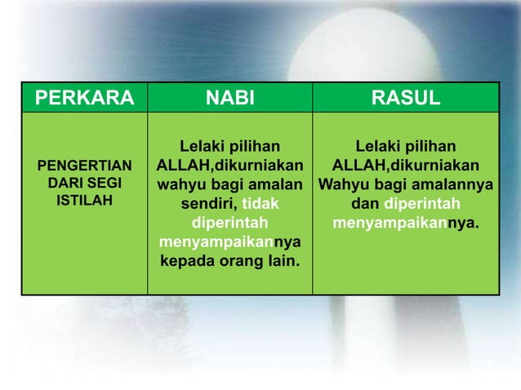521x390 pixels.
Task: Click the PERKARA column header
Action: pyautogui.click(x=84, y=100)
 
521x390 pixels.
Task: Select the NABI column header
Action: pyautogui.click(x=229, y=100)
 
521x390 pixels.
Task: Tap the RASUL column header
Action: pyautogui.click(x=406, y=100)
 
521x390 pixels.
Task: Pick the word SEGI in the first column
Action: pyautogui.click(x=102, y=184)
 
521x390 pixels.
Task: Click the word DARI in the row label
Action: pyautogui.click(x=67, y=184)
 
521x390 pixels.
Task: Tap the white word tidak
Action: pyautogui.click(x=260, y=204)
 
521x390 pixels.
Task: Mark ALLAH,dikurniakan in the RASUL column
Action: pyautogui.click(x=406, y=166)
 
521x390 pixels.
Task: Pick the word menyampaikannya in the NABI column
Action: pyautogui.click(x=229, y=242)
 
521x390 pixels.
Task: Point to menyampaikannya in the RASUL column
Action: pyautogui.click(x=406, y=223)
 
